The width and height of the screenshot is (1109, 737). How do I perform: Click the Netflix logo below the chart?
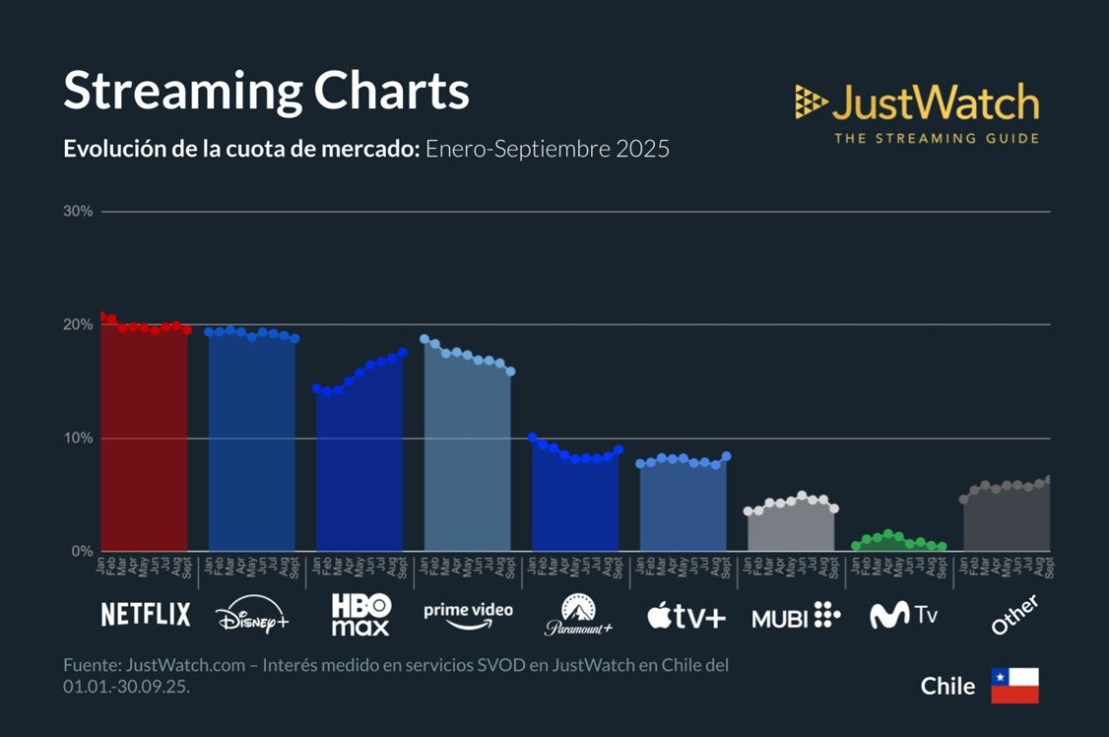(x=146, y=615)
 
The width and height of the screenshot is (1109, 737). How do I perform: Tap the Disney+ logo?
(x=252, y=617)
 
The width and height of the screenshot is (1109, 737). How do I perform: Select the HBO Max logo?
(x=360, y=615)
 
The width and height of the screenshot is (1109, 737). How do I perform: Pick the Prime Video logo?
(x=468, y=614)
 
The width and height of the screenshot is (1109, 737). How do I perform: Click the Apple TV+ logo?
(x=686, y=618)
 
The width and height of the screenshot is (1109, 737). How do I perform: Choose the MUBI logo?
(x=796, y=618)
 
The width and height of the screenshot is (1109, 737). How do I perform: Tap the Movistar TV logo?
(x=904, y=616)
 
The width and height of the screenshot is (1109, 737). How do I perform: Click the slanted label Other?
(x=1014, y=615)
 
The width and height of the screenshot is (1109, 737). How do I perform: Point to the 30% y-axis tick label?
(x=78, y=211)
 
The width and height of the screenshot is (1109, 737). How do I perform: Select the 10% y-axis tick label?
(x=78, y=437)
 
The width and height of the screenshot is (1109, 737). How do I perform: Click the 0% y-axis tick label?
(x=82, y=551)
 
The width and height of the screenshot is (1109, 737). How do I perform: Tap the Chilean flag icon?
(x=1014, y=686)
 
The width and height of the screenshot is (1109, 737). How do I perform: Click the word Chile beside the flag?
(x=947, y=686)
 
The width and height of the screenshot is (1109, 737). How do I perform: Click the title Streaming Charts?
(x=266, y=91)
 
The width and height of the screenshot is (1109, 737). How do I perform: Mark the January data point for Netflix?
(x=101, y=315)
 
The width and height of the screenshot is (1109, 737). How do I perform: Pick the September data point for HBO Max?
(x=403, y=352)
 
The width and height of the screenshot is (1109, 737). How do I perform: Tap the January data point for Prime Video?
(x=424, y=339)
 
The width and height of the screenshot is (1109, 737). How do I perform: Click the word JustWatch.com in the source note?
(x=184, y=665)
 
